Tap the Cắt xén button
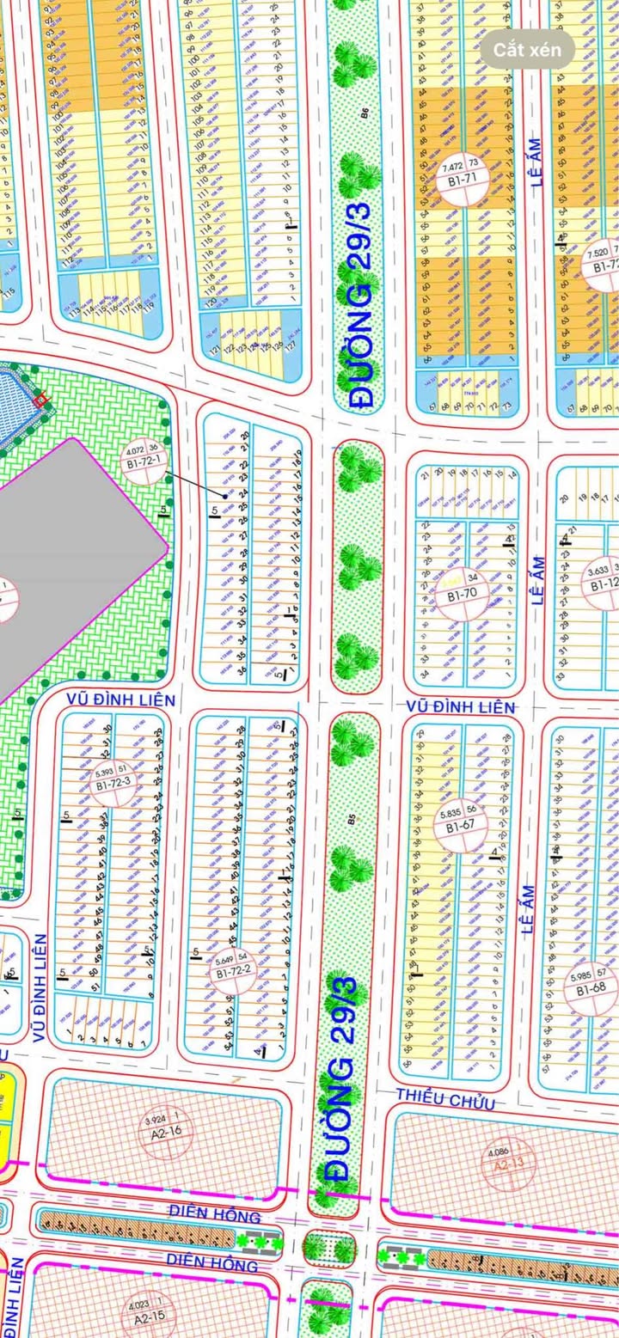click(x=528, y=50)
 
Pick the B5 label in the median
click(x=352, y=821)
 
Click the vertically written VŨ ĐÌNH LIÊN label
click(x=39, y=988)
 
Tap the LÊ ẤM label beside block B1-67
click(x=528, y=909)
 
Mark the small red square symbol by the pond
click(x=40, y=400)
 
